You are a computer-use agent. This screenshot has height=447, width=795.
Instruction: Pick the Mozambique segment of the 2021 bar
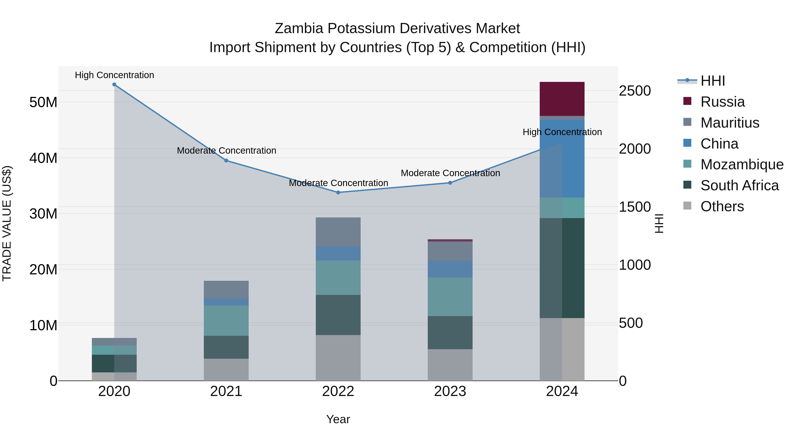point(226,320)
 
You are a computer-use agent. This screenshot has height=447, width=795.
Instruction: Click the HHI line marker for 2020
point(114,84)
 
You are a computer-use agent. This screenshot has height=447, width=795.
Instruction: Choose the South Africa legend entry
point(739,185)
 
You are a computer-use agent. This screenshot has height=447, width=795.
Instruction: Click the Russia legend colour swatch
point(687,101)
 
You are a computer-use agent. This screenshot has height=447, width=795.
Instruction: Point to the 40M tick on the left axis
point(43,158)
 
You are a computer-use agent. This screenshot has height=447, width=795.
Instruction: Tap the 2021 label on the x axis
point(226,391)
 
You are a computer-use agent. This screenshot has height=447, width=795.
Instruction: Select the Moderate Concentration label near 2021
point(226,151)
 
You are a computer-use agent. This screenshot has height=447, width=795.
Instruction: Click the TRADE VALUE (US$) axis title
point(7,223)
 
